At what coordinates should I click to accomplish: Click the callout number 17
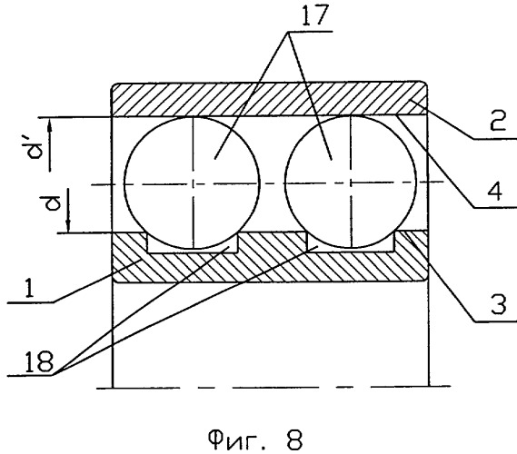(x=315, y=15)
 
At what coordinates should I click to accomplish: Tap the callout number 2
(x=498, y=121)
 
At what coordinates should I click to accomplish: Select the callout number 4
(x=494, y=191)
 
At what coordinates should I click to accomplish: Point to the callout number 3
(x=498, y=304)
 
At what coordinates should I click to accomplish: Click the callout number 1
(x=29, y=287)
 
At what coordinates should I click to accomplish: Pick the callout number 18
(x=39, y=361)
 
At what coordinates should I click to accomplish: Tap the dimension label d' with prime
(x=36, y=149)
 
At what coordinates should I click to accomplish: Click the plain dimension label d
(x=53, y=203)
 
